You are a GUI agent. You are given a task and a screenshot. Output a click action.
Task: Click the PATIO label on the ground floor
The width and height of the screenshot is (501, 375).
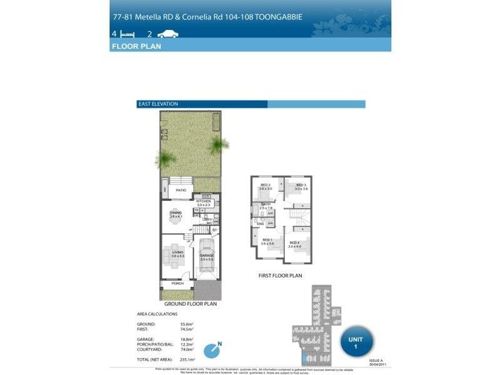(181, 190)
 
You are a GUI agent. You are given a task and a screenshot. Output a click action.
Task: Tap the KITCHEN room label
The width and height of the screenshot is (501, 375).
(204, 201)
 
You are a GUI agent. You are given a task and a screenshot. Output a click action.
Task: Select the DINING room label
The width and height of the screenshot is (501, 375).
(176, 213)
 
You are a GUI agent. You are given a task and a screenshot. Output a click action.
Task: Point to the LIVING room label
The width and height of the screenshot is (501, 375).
(177, 252)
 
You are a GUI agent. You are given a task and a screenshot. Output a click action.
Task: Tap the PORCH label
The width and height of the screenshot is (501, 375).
(178, 283)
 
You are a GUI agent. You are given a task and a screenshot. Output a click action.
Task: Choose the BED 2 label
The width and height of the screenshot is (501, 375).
(266, 185)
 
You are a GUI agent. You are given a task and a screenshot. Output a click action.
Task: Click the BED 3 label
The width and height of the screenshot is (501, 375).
(301, 185)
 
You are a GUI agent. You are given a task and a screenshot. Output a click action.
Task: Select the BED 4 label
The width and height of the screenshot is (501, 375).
(294, 242)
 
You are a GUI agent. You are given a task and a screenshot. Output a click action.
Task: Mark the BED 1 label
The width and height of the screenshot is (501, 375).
(267, 240)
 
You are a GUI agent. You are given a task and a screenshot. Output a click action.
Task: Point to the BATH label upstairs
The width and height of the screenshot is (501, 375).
(266, 204)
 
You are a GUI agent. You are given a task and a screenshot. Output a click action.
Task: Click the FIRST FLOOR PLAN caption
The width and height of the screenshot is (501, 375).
(280, 275)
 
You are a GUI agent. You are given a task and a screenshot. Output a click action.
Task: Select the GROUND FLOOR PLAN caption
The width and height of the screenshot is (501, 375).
(190, 304)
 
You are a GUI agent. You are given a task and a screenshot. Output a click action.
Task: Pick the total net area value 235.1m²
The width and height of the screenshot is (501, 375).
(188, 360)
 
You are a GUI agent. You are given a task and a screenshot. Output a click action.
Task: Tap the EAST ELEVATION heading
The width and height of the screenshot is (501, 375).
(157, 104)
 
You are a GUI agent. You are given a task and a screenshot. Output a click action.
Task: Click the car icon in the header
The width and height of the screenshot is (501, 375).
(168, 34)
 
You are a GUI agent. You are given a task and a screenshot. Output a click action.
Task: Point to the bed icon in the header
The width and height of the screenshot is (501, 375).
(128, 34)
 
